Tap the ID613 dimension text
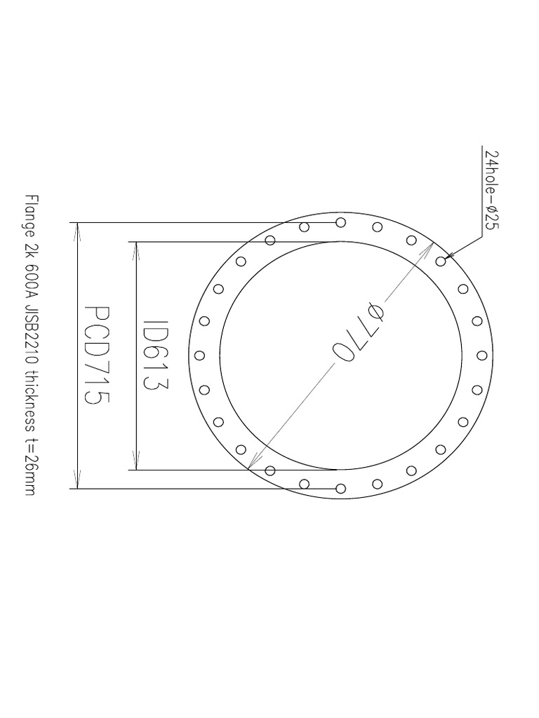154,355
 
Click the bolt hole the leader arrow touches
441,262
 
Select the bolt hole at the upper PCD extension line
340,222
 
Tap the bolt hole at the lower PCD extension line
340,488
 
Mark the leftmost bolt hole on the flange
199,355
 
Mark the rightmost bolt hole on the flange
483,355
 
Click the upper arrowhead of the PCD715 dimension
77,229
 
